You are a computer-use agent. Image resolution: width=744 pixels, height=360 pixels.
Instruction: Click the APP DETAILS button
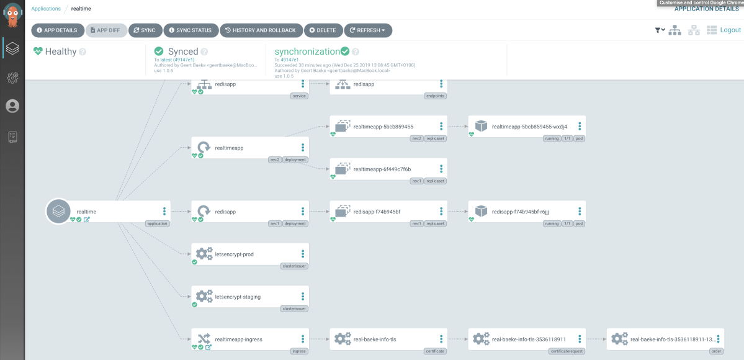coord(58,30)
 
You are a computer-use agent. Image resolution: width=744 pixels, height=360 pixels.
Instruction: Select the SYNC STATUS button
coord(191,30)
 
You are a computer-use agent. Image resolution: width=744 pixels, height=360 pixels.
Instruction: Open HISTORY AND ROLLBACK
coord(261,30)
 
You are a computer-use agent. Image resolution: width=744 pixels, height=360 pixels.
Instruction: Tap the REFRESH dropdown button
coord(368,30)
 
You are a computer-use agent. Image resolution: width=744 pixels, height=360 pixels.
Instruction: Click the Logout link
coord(730,30)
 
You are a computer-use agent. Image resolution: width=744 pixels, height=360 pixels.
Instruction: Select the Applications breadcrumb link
coord(46,9)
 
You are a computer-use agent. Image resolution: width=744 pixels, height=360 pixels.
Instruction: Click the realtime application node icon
coord(58,212)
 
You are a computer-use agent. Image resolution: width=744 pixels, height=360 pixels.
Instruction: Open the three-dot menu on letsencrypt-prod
coord(303,254)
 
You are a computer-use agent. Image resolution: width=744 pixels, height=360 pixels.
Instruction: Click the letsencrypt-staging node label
coord(238,297)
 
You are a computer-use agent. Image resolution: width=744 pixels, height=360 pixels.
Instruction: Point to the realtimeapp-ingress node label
coord(238,340)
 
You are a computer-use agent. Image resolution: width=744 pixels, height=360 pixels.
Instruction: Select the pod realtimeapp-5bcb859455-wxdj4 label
coord(529,127)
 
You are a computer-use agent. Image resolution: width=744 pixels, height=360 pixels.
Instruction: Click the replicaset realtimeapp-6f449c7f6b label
coord(382,169)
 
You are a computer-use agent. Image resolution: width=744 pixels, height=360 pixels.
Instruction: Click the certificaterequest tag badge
coord(567,351)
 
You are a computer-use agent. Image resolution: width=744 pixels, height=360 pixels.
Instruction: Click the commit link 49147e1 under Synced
coord(185,60)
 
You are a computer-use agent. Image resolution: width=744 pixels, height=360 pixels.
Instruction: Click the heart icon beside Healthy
coord(38,52)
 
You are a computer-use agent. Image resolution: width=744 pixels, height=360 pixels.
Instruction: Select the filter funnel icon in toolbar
coord(660,30)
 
